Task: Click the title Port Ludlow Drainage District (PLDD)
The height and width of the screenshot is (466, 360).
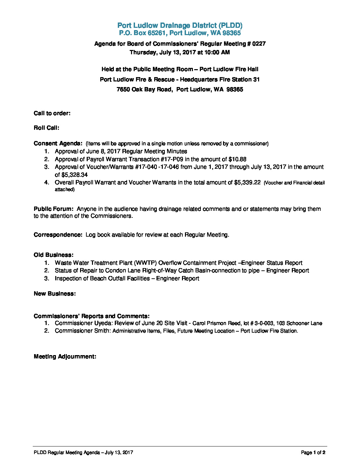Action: [180, 25]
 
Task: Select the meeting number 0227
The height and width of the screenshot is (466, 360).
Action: [259, 44]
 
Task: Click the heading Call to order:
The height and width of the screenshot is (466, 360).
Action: [52, 113]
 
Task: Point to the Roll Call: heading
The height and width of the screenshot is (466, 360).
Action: [46, 128]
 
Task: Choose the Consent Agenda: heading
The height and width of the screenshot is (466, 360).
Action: [58, 143]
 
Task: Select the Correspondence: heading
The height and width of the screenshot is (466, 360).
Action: [58, 235]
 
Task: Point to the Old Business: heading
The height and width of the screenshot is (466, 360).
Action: [53, 255]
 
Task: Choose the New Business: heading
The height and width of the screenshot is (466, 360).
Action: [55, 294]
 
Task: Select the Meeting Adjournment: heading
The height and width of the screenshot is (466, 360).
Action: [65, 356]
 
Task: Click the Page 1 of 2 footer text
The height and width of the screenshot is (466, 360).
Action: [313, 452]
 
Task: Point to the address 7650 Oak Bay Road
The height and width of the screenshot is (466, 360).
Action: [144, 89]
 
